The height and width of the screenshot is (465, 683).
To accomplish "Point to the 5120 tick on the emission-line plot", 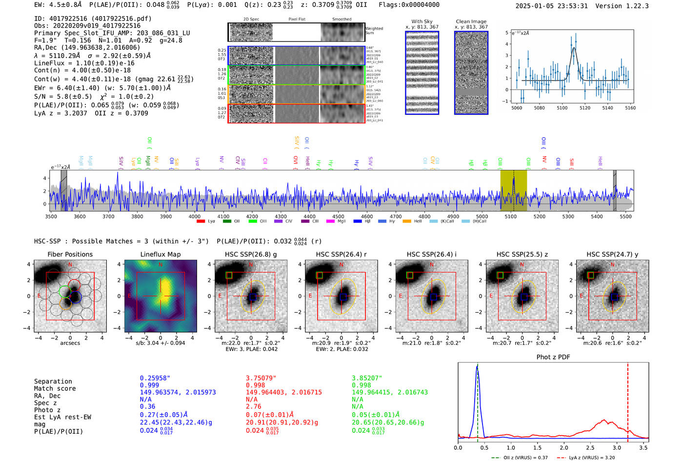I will click(584, 108).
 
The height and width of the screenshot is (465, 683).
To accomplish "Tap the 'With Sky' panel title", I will click(422, 21).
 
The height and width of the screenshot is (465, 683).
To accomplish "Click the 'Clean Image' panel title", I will click(471, 21).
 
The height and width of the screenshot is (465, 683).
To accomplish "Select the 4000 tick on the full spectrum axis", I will click(195, 216).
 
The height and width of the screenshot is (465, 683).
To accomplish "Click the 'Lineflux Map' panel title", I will click(160, 254).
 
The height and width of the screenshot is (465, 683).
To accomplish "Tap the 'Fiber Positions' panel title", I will click(70, 254).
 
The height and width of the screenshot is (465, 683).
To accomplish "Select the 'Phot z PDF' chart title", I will click(553, 357).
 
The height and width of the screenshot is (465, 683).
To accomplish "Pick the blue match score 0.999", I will click(149, 385).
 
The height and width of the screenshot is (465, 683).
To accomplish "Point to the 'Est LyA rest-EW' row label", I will click(62, 417).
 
